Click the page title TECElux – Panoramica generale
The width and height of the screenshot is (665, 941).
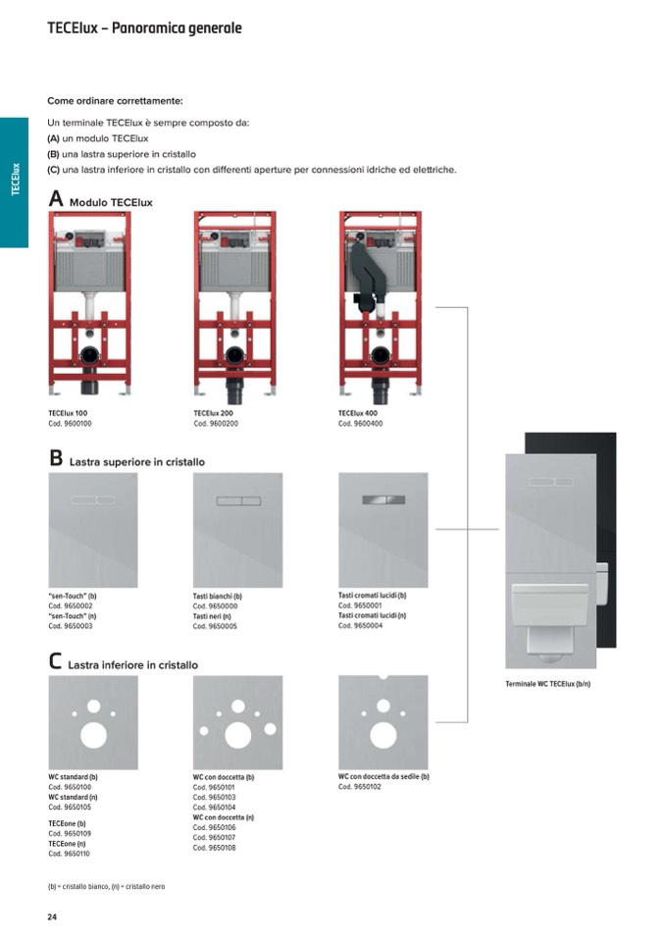144,28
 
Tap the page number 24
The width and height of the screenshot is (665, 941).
52,916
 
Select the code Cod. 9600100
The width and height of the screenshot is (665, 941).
71,424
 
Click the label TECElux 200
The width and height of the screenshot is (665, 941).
214,413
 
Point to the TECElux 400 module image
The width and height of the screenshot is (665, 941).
381,307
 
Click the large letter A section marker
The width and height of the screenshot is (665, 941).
56,198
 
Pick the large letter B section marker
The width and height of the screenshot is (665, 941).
56,458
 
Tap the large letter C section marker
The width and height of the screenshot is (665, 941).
55,661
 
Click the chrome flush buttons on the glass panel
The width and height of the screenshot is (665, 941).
384,499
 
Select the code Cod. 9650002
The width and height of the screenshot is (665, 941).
71,606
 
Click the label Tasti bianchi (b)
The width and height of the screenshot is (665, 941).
218,597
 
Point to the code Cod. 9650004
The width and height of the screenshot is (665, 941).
360,625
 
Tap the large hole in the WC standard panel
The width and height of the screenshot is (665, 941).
93,735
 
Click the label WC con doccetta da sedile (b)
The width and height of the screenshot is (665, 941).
384,776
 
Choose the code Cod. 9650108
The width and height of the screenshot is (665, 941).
215,848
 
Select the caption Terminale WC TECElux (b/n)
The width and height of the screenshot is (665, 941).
548,684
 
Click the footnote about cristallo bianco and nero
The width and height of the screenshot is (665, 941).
106,886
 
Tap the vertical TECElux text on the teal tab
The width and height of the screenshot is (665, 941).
16,179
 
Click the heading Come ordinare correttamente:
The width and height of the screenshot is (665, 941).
115,101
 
